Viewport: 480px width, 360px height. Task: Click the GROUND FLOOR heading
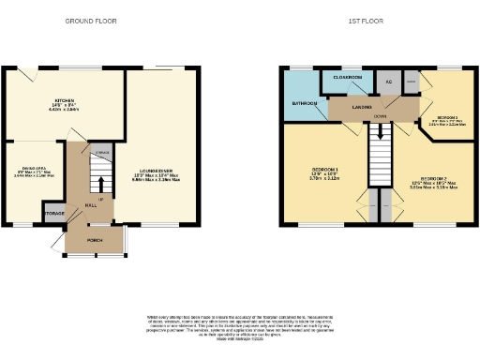(x=91, y=20)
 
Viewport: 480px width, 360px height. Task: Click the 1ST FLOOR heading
(x=362, y=20)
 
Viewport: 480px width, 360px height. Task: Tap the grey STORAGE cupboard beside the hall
(x=54, y=214)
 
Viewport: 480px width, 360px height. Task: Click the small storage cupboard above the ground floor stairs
(x=101, y=152)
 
